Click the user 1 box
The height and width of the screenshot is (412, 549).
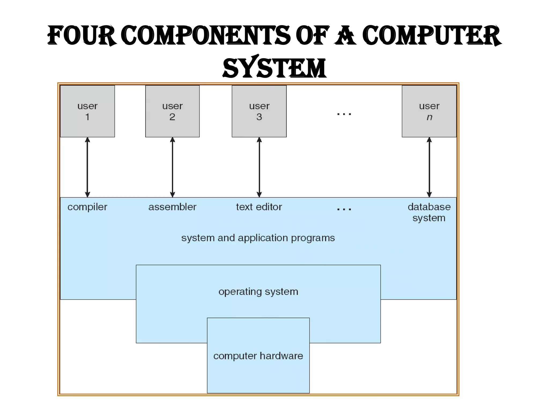pos(87,111)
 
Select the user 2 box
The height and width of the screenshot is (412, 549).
pos(172,111)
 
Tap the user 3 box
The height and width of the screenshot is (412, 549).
pos(259,111)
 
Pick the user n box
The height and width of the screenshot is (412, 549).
pos(429,111)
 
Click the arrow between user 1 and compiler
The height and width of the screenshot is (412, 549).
pos(87,167)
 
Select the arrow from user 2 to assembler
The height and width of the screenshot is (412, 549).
pos(172,167)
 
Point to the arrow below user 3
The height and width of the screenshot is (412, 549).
pos(259,167)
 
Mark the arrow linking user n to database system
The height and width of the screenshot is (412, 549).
pos(429,167)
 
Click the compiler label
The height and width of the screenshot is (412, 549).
pos(87,207)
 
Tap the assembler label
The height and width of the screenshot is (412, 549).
pos(172,207)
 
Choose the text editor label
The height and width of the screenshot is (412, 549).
pos(259,207)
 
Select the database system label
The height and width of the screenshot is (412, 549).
pos(429,212)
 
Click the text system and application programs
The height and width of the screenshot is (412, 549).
pos(258,238)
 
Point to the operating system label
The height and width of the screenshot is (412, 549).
pos(258,292)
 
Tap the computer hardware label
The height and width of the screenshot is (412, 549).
pos(258,356)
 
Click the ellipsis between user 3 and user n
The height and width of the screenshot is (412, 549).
pos(344,114)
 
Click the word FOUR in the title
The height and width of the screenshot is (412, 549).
pos(82,36)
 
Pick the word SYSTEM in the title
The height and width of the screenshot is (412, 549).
pos(274,68)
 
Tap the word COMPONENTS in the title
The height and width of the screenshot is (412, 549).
pos(206,36)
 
